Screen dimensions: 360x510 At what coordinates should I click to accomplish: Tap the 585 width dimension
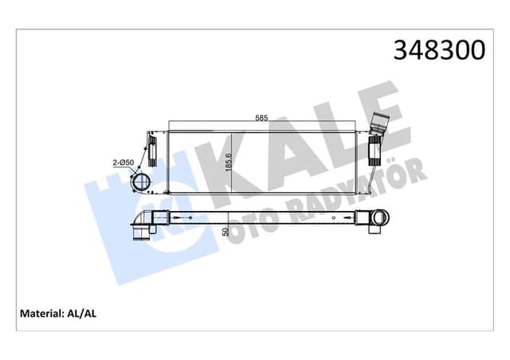click(x=261, y=118)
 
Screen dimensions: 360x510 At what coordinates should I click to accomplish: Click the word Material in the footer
click(x=37, y=313)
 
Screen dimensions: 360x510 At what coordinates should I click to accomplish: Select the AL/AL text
click(x=83, y=313)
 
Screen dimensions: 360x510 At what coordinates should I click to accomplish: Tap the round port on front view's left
click(x=143, y=182)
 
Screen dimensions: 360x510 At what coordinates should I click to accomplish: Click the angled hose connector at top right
click(x=380, y=127)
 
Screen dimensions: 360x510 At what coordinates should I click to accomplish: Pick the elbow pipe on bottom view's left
click(x=141, y=227)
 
